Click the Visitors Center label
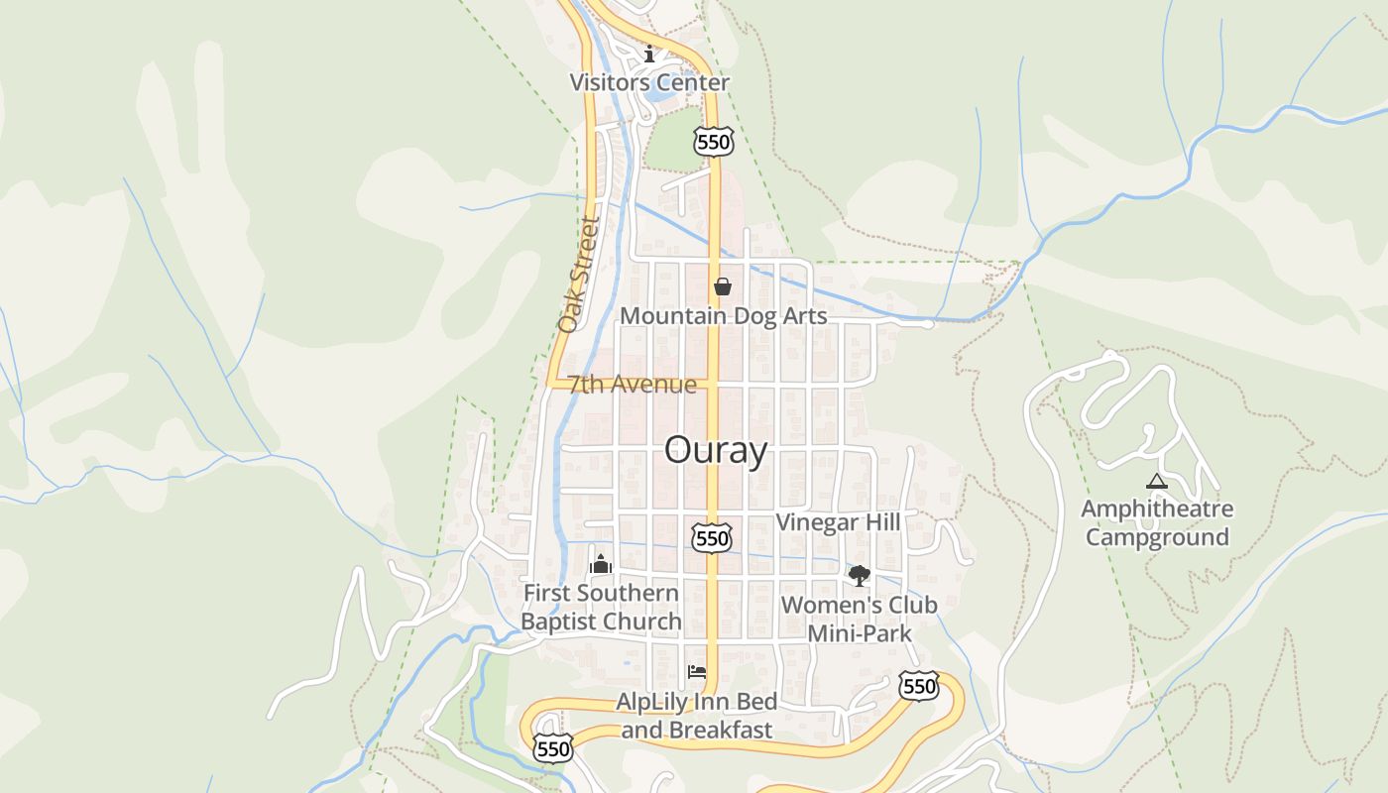pyautogui.click(x=649, y=82)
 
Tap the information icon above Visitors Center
pyautogui.click(x=649, y=54)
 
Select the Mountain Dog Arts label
pyautogui.click(x=723, y=316)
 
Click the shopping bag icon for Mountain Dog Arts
pyautogui.click(x=723, y=287)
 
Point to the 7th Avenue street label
pyautogui.click(x=633, y=384)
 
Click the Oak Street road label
pyautogui.click(x=579, y=275)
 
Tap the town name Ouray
pyautogui.click(x=715, y=450)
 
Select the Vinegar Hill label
pyautogui.click(x=838, y=522)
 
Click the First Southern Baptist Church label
pyautogui.click(x=601, y=607)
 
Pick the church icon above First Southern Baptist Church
pyautogui.click(x=601, y=565)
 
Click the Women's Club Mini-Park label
pyautogui.click(x=859, y=619)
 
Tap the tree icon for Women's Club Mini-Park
pyautogui.click(x=859, y=575)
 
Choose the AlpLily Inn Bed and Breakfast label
pyautogui.click(x=696, y=715)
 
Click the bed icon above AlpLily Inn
pyautogui.click(x=697, y=672)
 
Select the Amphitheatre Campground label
pyautogui.click(x=1156, y=523)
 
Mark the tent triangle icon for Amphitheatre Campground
pyautogui.click(x=1156, y=482)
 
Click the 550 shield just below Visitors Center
pyautogui.click(x=714, y=142)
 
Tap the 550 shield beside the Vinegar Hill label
pyautogui.click(x=712, y=538)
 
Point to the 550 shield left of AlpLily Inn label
pyautogui.click(x=552, y=748)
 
